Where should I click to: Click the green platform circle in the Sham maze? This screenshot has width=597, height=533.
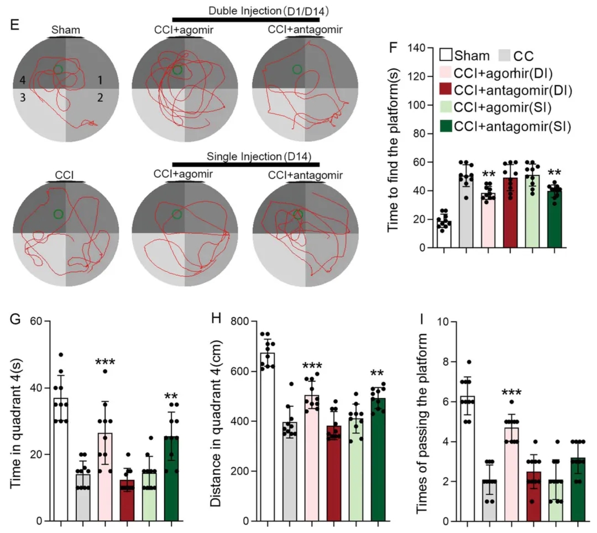point(57,69)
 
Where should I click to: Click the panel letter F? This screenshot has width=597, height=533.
point(394,47)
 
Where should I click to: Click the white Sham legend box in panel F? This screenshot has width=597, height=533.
point(446,55)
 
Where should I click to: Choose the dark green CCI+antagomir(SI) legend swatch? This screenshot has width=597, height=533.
point(446,126)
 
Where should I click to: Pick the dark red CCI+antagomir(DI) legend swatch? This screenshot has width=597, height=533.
point(446,91)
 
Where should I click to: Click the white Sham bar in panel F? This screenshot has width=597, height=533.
point(443,234)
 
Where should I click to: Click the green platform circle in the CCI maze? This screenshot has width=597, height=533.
point(59,214)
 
